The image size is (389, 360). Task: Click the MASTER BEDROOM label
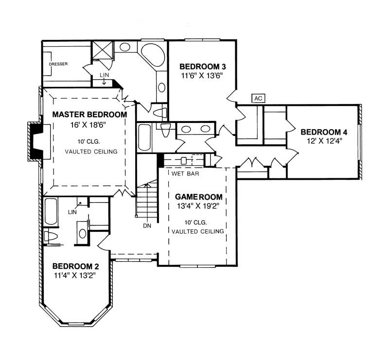pyautogui.click(x=89, y=115)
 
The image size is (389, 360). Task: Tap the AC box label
pyautogui.click(x=258, y=98)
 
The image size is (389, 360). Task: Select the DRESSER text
pyautogui.click(x=58, y=64)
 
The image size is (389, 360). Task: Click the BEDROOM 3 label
pyautogui.click(x=202, y=67)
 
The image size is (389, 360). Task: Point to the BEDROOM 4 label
pyautogui.click(x=323, y=132)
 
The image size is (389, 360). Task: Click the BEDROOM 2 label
pyautogui.click(x=75, y=266)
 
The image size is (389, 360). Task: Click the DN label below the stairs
pyautogui.click(x=147, y=226)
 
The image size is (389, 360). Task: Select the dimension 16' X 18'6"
pyautogui.click(x=89, y=125)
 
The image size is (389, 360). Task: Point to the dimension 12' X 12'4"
pyautogui.click(x=323, y=141)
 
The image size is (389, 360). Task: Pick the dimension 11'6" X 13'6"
pyautogui.click(x=202, y=76)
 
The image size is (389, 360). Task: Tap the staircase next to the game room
pyautogui.click(x=147, y=202)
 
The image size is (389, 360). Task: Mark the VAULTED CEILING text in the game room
pyautogui.click(x=198, y=232)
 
